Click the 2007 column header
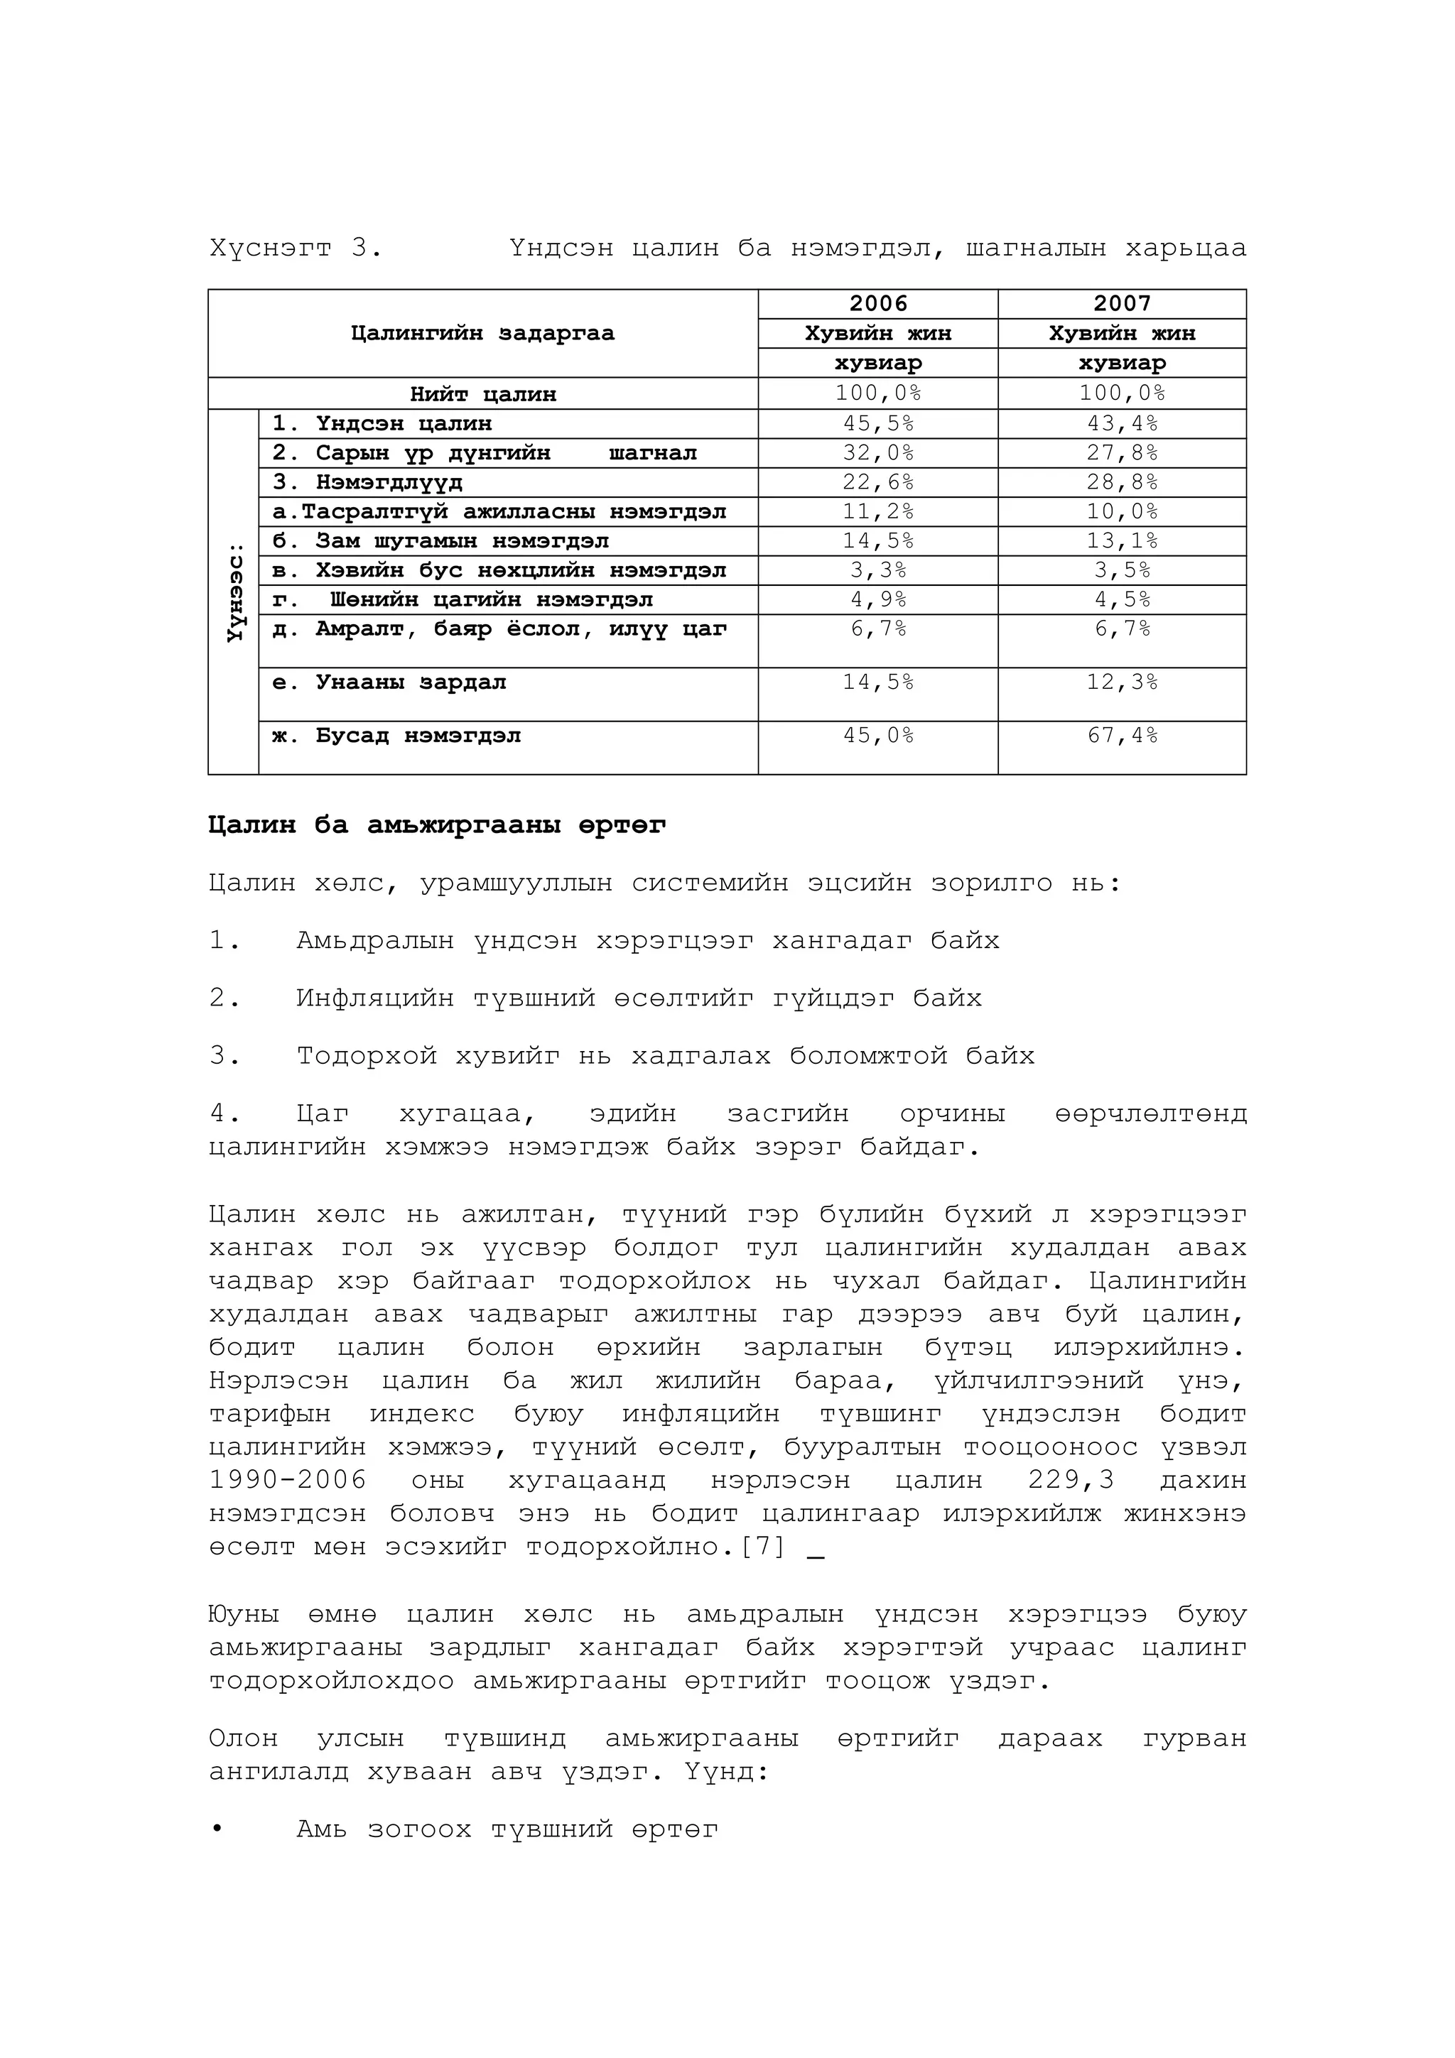pyautogui.click(x=1122, y=304)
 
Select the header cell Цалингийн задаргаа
pyautogui.click(x=482, y=334)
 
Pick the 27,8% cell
pyautogui.click(x=1122, y=452)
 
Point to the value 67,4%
pyautogui.click(x=1122, y=736)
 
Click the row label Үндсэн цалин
pyautogui.click(x=404, y=423)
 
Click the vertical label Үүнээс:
pyautogui.click(x=234, y=592)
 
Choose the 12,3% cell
pyautogui.click(x=1122, y=682)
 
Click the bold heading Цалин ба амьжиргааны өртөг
pyautogui.click(x=437, y=824)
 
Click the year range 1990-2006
pyautogui.click(x=288, y=1480)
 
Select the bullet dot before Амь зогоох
pyautogui.click(x=216, y=1829)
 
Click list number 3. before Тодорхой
pyautogui.click(x=224, y=1056)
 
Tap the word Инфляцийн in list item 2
pyautogui.click(x=374, y=998)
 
